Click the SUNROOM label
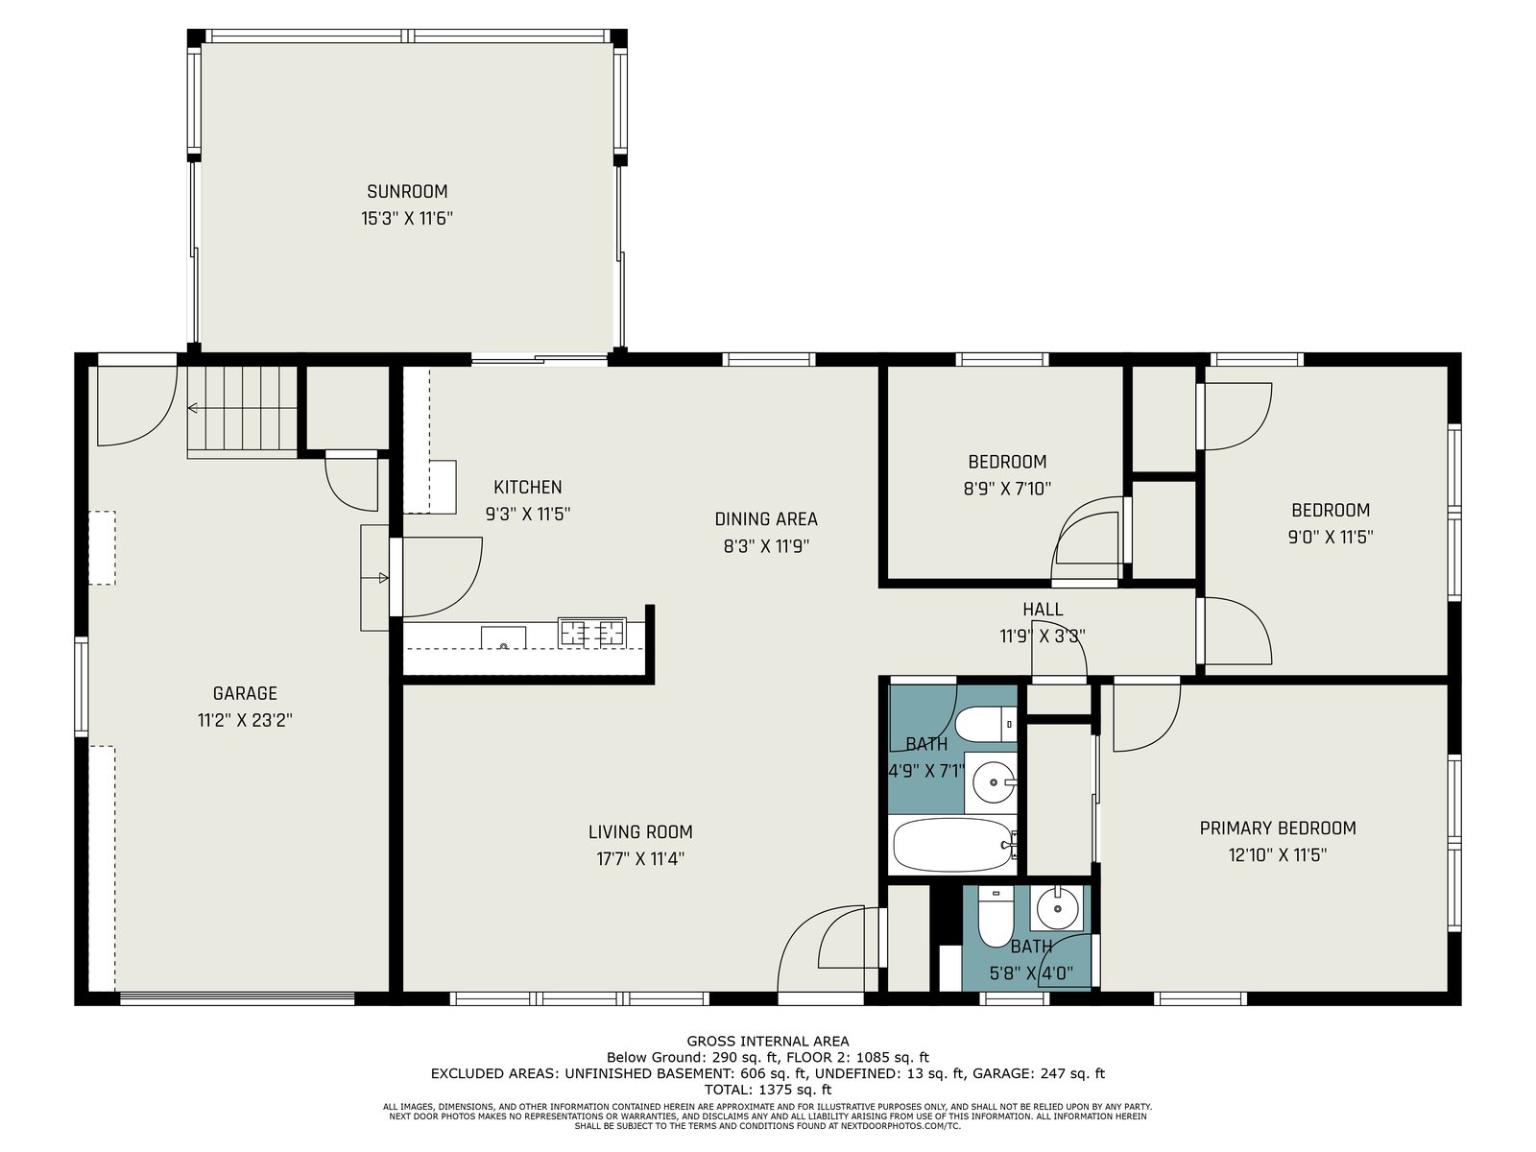coord(407,191)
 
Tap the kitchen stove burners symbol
coord(591,632)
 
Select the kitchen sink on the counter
coord(503,637)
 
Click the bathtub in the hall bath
coord(953,844)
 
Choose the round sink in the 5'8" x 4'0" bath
coord(1057,908)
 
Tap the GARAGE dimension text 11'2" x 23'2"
coord(245,720)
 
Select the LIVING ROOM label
coord(640,831)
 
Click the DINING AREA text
coord(765,519)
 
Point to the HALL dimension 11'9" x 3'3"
coord(1042,636)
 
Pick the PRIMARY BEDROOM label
coord(1278,828)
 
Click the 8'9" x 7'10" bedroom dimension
coord(1007,489)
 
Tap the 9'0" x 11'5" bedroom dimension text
coord(1331,537)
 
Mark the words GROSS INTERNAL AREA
coord(768,1042)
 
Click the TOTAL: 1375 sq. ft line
coord(768,1089)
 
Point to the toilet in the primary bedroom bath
coord(992,916)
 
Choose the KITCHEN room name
coord(528,487)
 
